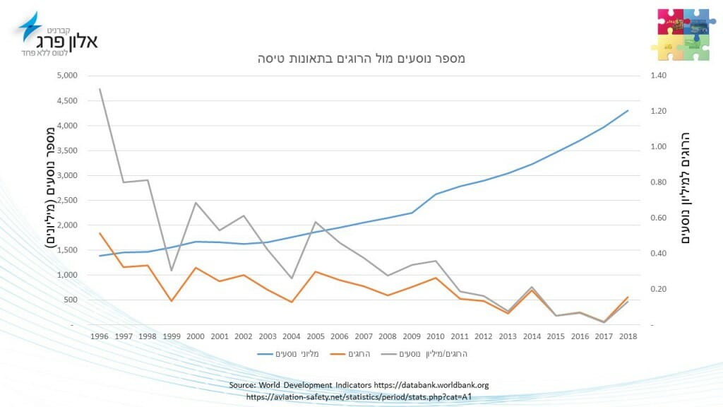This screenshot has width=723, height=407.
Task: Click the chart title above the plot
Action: [x=361, y=59]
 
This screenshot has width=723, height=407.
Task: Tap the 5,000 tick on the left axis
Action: [x=68, y=76]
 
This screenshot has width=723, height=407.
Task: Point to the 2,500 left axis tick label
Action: [x=68, y=200]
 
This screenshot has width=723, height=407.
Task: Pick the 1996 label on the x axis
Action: [x=100, y=336]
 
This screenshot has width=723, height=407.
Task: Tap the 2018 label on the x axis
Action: [x=628, y=336]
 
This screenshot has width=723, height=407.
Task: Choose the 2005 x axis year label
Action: [x=316, y=336]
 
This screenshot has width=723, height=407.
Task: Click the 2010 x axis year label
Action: [x=436, y=336]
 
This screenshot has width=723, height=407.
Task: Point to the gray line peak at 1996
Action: [x=100, y=89]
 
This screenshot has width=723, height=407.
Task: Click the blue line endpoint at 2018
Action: [x=628, y=110]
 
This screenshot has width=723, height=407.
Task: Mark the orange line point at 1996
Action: [x=100, y=233]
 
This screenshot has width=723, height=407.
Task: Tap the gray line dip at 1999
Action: [x=172, y=271]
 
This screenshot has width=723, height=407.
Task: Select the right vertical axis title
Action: [x=685, y=189]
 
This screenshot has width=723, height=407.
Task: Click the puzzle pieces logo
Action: [x=683, y=35]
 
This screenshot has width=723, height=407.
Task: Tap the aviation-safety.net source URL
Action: [x=359, y=397]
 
